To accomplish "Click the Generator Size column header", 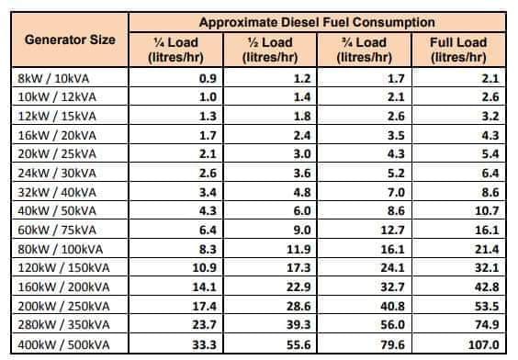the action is click(x=70, y=40).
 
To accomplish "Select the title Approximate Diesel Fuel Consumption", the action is click(x=317, y=22).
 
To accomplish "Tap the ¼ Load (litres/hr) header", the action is click(x=175, y=50).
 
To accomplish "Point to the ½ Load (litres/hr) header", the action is click(x=270, y=50).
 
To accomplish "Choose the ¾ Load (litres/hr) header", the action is click(x=364, y=50).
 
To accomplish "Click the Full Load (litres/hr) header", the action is click(x=458, y=50).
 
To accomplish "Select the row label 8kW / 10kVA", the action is click(x=53, y=79).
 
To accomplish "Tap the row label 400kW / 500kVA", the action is click(x=63, y=344).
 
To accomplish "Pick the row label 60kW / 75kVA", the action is click(x=57, y=230).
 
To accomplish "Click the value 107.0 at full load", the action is click(x=484, y=344).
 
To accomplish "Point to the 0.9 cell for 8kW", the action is click(x=208, y=79).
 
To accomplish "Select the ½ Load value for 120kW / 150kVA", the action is click(x=298, y=268).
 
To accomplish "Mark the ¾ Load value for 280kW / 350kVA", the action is click(x=392, y=325).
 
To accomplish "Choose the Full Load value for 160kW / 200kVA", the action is click(x=487, y=287).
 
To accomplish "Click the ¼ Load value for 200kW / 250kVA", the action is click(x=205, y=306).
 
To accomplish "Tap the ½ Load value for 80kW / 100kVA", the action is click(x=298, y=249).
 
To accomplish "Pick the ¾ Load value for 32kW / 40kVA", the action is click(x=396, y=192).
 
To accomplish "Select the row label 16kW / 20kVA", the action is click(x=57, y=135).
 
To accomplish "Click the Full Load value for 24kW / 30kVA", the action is click(x=490, y=173).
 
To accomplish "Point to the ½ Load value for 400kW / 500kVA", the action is click(x=298, y=344).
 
